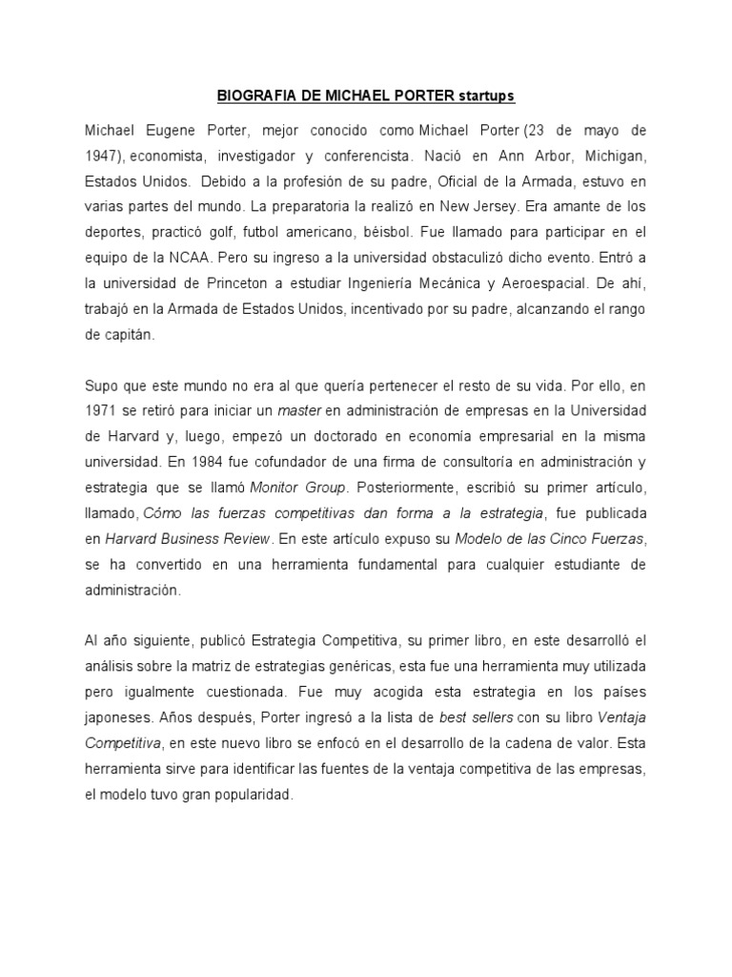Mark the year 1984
tap(202, 460)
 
